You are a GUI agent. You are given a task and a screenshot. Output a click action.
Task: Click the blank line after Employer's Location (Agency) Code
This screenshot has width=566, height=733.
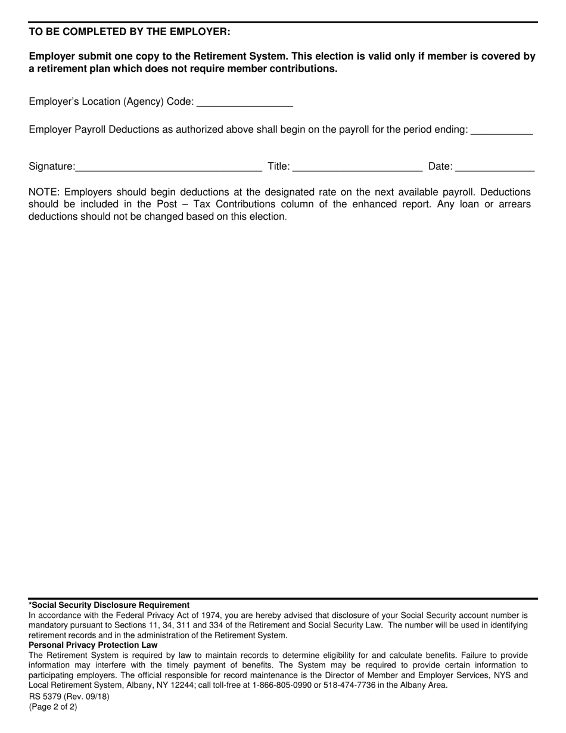tap(244, 103)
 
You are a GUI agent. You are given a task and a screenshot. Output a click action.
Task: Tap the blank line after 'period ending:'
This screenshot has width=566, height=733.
tap(502, 131)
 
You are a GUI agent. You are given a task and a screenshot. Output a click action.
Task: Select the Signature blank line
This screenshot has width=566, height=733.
tap(169, 167)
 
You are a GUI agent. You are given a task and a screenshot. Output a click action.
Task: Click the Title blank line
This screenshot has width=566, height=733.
tap(357, 167)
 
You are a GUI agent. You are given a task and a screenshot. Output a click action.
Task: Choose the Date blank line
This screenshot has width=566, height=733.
tap(495, 167)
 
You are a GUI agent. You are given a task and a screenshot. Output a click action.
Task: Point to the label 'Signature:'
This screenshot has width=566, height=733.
tap(52, 167)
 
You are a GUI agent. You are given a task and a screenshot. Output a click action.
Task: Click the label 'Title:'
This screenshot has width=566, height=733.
tap(278, 167)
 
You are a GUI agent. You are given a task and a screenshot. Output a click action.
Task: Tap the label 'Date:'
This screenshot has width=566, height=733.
tap(440, 167)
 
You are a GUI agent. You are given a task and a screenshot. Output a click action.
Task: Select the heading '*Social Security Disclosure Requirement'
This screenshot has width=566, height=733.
tap(109, 605)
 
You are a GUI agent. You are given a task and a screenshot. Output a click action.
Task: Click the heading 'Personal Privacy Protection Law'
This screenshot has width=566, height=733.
tap(93, 645)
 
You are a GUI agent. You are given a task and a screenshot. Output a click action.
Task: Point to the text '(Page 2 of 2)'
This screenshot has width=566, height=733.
tap(53, 707)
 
